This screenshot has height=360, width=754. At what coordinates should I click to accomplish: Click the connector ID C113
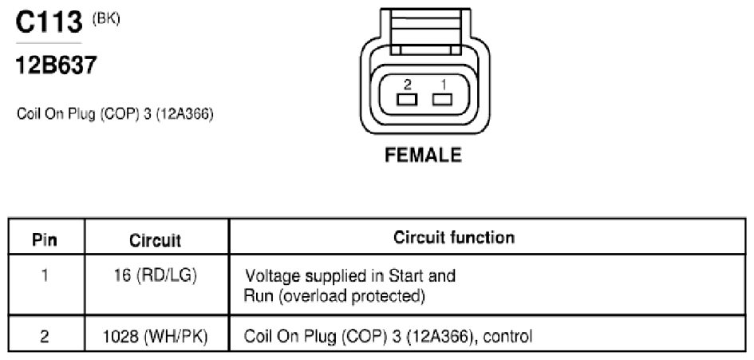pos(49,22)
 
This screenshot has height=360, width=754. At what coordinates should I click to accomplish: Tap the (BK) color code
pos(106,19)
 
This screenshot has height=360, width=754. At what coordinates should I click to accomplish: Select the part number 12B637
pos(57,65)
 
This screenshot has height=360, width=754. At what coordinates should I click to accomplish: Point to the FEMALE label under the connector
pos(424,155)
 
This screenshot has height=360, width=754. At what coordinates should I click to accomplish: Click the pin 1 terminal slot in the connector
pos(442,100)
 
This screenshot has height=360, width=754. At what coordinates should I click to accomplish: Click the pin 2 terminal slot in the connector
pos(407,100)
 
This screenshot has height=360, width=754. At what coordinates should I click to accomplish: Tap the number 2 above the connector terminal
pos(407,85)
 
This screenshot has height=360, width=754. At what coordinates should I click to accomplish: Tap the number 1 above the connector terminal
pos(443,85)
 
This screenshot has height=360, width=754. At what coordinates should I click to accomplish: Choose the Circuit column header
pos(156,240)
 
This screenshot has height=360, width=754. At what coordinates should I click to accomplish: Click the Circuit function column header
pos(454,237)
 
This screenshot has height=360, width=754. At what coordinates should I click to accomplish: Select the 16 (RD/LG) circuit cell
pos(156,276)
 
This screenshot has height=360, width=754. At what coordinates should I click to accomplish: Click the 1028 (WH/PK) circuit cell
pos(156,336)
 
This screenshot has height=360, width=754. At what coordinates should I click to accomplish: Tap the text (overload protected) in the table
pos(352,296)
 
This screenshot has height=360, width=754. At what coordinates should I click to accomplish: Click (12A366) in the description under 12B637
pos(184,115)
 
